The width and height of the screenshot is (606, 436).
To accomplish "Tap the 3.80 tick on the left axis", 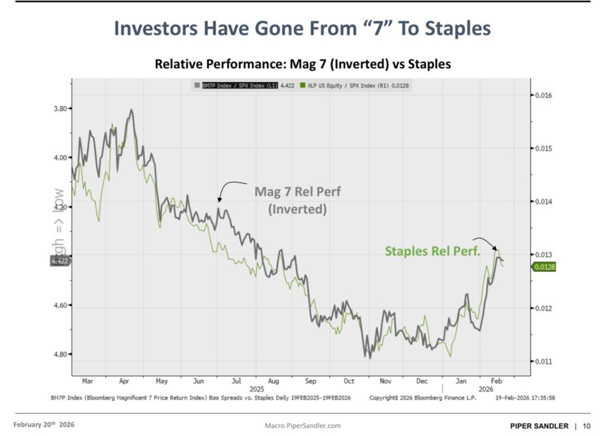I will [x=60, y=109].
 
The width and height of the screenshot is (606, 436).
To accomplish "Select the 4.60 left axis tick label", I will [x=60, y=306].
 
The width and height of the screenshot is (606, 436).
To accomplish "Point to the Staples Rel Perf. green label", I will [x=432, y=251].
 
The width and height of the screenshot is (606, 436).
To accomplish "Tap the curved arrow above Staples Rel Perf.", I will [x=485, y=241].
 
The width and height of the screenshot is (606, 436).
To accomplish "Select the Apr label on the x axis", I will [x=124, y=381].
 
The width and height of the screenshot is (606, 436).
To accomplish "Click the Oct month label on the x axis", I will [x=349, y=381].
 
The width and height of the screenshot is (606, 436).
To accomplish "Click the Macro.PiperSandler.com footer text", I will [x=302, y=425].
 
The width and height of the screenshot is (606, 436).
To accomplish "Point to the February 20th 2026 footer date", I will [x=43, y=424].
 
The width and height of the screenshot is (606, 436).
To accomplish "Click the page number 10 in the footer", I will [x=586, y=425].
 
